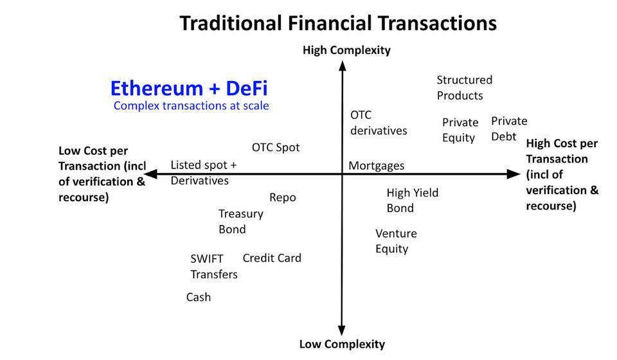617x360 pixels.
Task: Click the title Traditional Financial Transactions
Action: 337,23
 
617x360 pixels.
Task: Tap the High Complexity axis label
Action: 346,50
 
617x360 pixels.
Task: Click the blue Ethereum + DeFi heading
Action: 189,88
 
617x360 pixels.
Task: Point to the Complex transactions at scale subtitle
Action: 191,105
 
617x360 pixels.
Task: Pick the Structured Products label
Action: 464,87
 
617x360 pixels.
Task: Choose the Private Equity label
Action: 460,130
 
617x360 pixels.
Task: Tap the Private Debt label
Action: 509,129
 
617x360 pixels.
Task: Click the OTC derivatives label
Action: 379,123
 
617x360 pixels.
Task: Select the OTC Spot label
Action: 276,147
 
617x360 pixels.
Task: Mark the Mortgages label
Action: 377,166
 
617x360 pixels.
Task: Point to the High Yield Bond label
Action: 412,200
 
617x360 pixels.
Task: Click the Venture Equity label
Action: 396,241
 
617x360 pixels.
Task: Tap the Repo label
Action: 283,197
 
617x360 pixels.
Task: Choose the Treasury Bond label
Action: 240,221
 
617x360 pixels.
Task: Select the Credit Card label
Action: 272,258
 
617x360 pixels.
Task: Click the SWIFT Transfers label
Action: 213,266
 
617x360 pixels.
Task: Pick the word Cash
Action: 199,297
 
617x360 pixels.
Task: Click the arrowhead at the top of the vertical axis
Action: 343,65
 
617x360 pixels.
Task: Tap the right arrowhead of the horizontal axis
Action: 514,174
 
